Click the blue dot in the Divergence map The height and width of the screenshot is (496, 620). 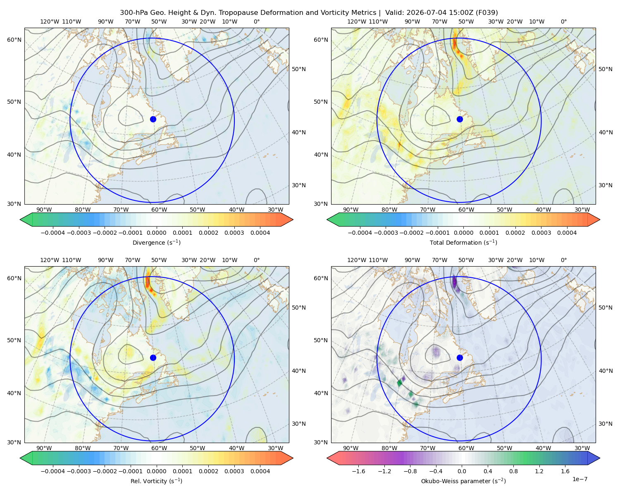click(153, 119)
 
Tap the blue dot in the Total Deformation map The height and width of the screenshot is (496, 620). click(460, 119)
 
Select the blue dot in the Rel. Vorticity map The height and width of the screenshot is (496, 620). click(153, 358)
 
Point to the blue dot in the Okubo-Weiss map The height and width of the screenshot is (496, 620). click(460, 358)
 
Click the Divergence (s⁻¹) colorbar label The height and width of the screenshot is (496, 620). click(156, 243)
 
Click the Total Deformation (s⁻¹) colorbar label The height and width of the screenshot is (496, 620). click(463, 243)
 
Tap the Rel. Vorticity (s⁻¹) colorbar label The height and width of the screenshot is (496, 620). click(156, 481)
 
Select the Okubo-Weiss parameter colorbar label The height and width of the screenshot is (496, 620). click(463, 481)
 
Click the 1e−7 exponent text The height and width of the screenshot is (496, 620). click(579, 479)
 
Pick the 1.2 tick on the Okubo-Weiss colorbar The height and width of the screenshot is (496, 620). click(539, 471)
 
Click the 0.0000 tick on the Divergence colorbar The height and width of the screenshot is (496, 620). click(156, 233)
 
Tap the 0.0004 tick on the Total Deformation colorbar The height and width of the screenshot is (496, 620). click(567, 233)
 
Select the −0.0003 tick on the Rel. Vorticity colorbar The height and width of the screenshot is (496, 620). click(79, 471)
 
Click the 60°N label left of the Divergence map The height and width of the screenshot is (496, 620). click(14, 40)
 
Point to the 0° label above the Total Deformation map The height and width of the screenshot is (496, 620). click(563, 21)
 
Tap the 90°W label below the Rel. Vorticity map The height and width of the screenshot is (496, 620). click(44, 448)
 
